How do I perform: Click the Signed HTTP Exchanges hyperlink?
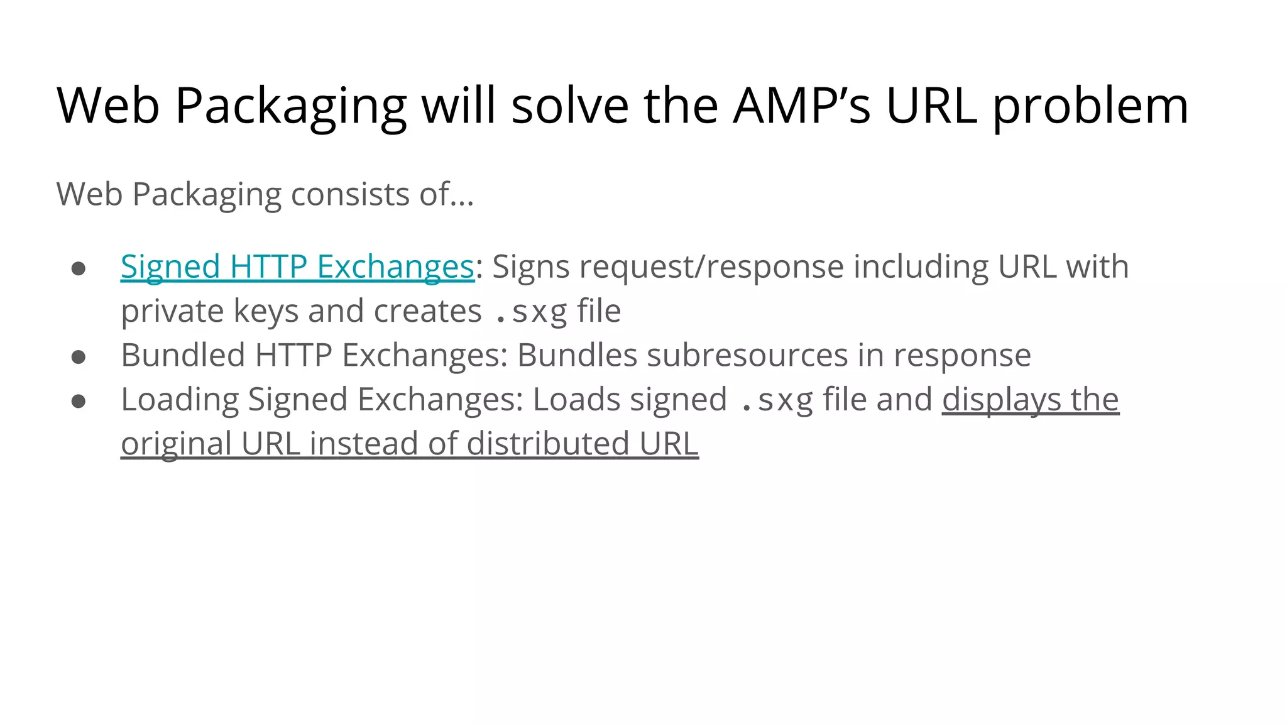(x=297, y=267)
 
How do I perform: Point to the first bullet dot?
(x=79, y=269)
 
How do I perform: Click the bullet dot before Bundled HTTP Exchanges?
(x=79, y=357)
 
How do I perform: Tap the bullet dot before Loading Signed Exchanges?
(x=79, y=402)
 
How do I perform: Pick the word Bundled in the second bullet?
(x=183, y=355)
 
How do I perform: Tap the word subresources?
(x=747, y=355)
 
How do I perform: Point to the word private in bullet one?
(x=172, y=312)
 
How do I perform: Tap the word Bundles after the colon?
(x=577, y=355)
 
